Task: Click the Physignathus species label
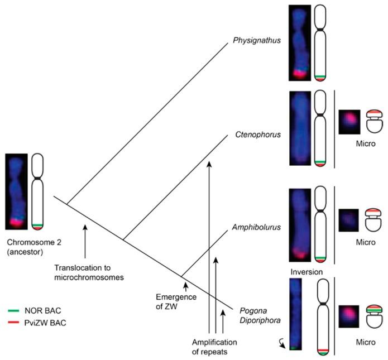coord(256,40)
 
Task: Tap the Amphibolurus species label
coord(256,228)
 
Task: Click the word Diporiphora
coord(258,320)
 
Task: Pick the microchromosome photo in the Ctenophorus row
coord(349,122)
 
